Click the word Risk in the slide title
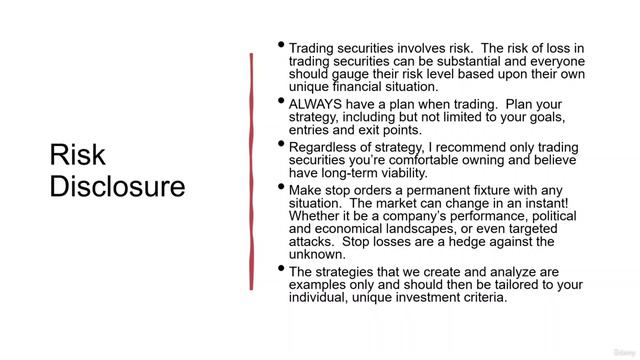77,155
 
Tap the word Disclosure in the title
118,187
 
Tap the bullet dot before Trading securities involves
281,46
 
